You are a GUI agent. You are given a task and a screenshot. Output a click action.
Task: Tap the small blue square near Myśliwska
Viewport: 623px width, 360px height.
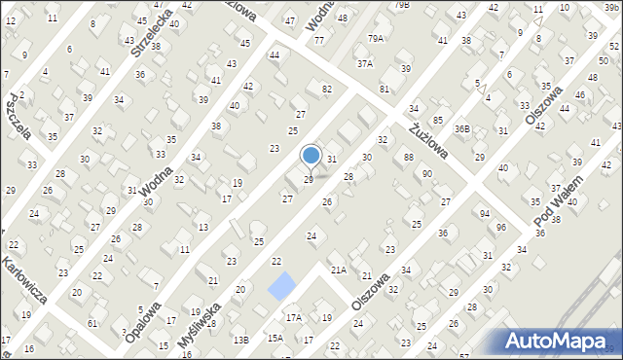(282, 286)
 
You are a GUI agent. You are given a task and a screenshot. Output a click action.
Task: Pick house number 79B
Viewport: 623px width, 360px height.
(403, 5)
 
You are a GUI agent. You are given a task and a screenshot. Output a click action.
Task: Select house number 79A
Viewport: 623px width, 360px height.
(376, 38)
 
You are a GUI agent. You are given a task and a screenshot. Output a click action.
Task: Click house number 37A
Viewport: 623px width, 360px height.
(364, 63)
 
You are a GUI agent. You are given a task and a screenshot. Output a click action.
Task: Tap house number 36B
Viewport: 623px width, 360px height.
(462, 127)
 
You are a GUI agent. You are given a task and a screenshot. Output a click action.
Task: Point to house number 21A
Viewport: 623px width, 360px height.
(338, 270)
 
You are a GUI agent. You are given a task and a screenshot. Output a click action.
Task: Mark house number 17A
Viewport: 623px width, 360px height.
(293, 317)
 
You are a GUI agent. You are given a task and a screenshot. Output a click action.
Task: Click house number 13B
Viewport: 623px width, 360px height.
(240, 339)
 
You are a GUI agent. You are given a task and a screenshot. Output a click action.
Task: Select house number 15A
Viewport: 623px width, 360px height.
(275, 338)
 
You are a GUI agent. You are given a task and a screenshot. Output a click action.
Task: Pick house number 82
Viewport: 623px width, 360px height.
(327, 90)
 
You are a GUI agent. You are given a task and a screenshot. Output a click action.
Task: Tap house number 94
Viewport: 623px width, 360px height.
(484, 213)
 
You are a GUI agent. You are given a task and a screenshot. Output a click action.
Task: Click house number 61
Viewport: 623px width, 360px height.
(92, 323)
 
